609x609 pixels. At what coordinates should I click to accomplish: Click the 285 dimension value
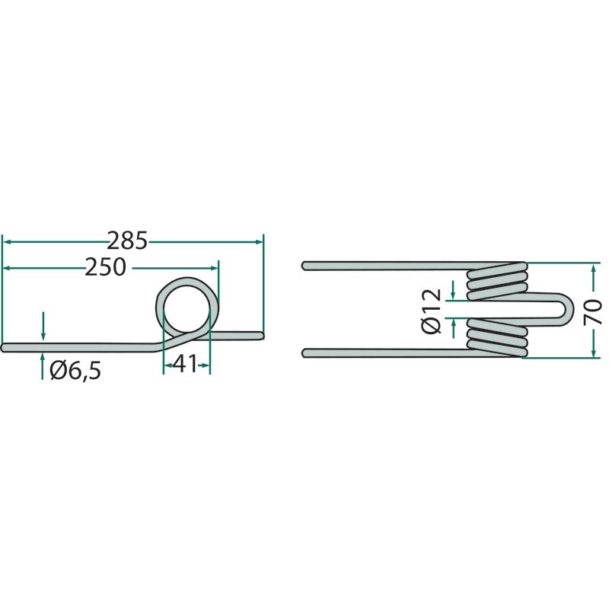click(x=127, y=241)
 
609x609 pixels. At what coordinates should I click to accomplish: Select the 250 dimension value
click(x=106, y=267)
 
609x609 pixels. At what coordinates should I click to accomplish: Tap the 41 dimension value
click(x=185, y=365)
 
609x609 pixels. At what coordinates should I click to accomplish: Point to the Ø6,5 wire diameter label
click(x=75, y=371)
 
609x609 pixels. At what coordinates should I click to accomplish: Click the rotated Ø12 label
click(x=432, y=311)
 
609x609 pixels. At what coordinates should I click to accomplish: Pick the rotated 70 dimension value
click(x=593, y=312)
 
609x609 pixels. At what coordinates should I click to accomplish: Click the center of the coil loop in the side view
click(x=187, y=310)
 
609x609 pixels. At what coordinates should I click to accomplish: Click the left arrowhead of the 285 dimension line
click(x=7, y=241)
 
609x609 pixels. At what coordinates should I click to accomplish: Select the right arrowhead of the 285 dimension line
click(x=259, y=241)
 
